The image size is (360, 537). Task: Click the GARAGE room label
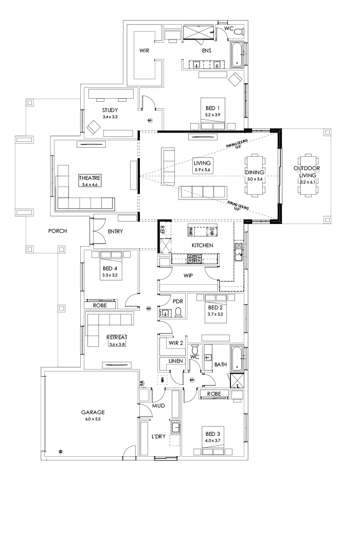[x=93, y=412]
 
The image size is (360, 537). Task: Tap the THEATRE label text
[x=90, y=178]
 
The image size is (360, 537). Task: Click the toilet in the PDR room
[x=178, y=312]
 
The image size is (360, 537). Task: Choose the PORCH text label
[x=58, y=231]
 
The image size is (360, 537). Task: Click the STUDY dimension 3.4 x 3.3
[x=110, y=117]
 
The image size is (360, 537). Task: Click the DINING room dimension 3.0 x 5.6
[x=255, y=179]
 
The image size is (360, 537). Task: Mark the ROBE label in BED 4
[x=100, y=305]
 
